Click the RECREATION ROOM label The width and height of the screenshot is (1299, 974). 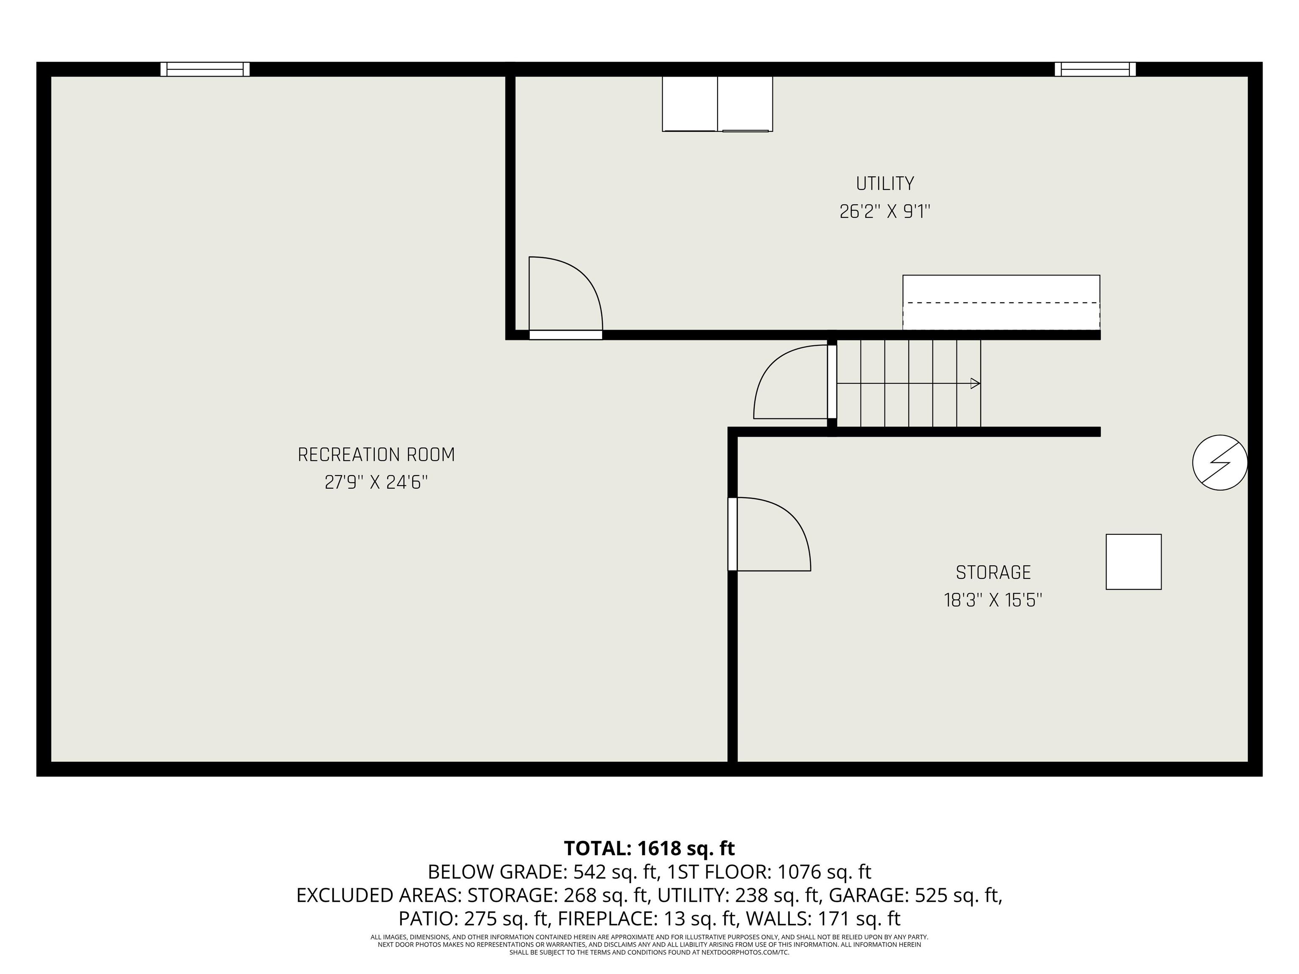tap(376, 455)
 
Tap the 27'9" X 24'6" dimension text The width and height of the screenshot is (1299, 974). tap(376, 483)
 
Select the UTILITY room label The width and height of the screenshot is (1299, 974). tap(885, 184)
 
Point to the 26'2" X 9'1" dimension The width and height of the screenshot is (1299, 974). tap(885, 211)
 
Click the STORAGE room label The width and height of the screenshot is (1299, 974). tap(993, 572)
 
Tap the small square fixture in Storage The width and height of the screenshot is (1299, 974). tap(1133, 561)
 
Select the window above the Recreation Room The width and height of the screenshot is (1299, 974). tap(205, 69)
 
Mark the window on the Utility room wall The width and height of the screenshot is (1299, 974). tap(1095, 69)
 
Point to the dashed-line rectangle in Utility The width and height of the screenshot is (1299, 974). tap(1000, 302)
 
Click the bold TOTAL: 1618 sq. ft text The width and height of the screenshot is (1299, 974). tap(649, 848)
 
